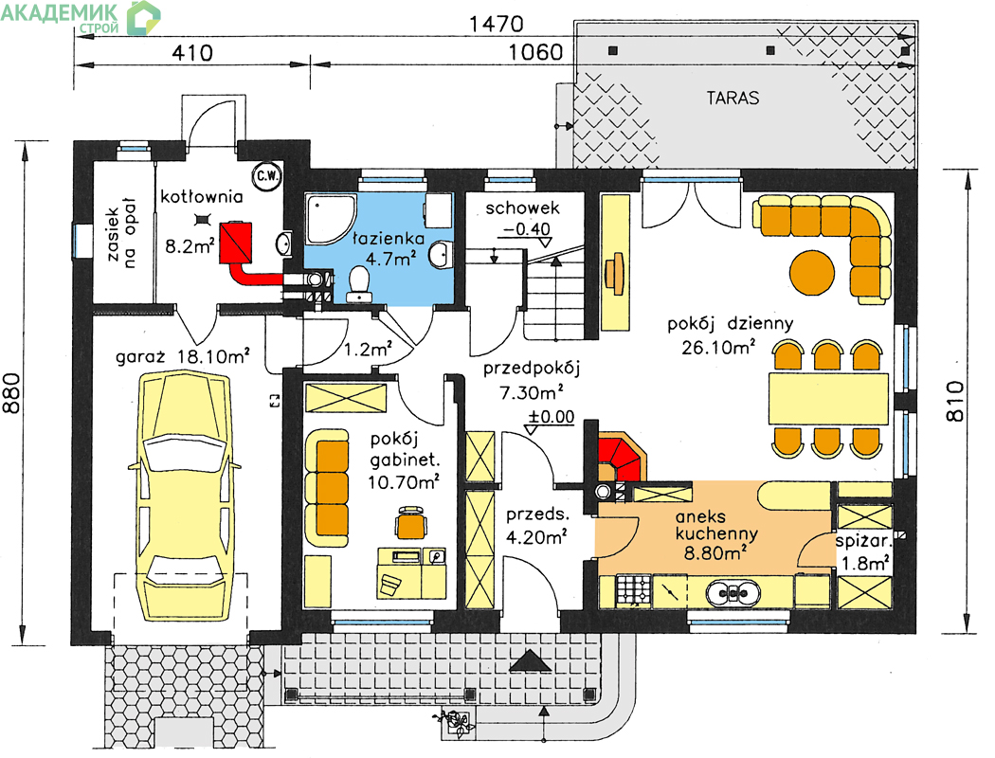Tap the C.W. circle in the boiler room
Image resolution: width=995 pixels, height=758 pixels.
(268, 176)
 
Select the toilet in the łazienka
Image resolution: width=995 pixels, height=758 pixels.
(360, 283)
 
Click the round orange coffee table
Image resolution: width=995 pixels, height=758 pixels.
(811, 272)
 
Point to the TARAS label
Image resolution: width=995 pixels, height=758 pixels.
(733, 99)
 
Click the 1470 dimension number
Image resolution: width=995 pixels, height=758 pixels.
(497, 24)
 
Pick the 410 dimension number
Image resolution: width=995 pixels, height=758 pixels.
(192, 53)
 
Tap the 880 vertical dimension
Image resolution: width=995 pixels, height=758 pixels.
(12, 392)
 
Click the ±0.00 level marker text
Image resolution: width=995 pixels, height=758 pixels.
(552, 417)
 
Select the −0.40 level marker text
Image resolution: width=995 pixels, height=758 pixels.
(527, 228)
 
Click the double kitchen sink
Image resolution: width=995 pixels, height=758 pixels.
(733, 592)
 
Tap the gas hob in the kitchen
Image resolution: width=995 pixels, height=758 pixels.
(633, 590)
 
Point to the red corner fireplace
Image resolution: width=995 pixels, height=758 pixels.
(622, 457)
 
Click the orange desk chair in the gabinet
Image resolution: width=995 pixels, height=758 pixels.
(411, 521)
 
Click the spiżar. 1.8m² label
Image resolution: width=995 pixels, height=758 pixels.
(864, 551)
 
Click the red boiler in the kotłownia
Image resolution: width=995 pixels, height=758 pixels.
(235, 243)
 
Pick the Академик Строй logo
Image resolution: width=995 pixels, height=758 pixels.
(81, 17)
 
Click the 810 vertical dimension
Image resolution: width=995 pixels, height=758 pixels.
(955, 401)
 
